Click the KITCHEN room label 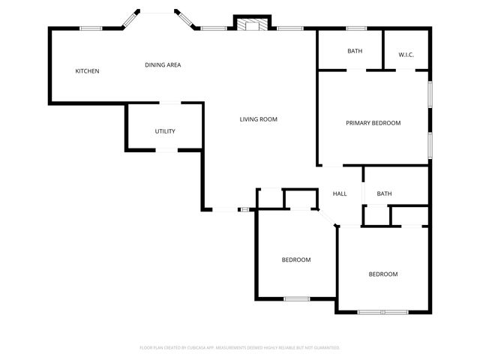[87, 71]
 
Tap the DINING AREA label [163, 65]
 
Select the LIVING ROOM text [259, 119]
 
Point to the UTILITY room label [165, 131]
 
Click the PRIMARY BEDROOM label [373, 123]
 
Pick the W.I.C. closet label [406, 54]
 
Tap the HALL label [340, 194]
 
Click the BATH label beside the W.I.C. [354, 51]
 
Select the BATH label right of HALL [384, 194]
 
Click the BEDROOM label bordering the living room [296, 259]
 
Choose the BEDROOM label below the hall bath [382, 274]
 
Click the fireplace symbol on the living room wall [250, 24]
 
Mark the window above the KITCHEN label [91, 29]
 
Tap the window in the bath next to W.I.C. [356, 29]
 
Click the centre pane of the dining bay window [157, 13]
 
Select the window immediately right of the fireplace [289, 29]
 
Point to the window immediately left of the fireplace [214, 29]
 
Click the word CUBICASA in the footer [202, 348]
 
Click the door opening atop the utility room [170, 103]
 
